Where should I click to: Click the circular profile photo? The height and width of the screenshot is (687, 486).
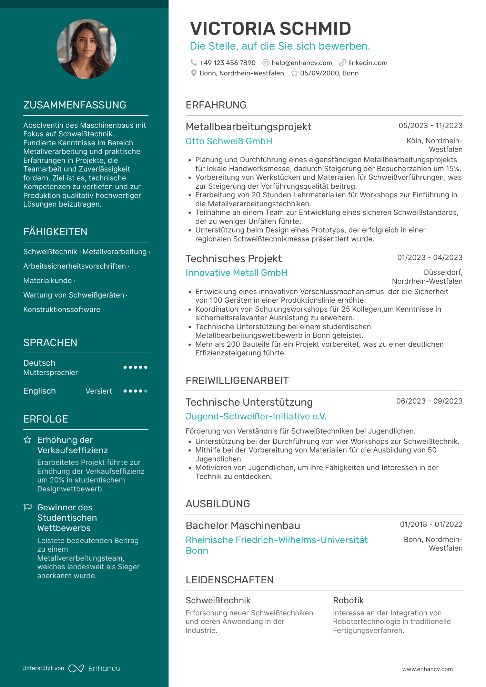[86, 49]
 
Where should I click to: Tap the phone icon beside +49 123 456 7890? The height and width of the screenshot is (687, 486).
[194, 63]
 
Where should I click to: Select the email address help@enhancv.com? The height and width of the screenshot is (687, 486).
[302, 63]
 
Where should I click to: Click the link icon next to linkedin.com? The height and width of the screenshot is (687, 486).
[342, 63]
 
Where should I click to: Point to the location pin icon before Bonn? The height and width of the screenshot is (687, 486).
[194, 73]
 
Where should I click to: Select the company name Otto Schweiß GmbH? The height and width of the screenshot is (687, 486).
[229, 141]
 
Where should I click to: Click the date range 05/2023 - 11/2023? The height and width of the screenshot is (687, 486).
[430, 126]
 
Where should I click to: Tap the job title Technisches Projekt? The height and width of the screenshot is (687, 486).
[233, 259]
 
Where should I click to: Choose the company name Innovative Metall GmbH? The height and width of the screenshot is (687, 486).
[236, 273]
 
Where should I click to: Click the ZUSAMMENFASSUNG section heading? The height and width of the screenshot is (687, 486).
[75, 105]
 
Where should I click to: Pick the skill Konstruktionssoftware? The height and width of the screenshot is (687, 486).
[62, 310]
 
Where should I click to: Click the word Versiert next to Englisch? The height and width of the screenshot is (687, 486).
[99, 391]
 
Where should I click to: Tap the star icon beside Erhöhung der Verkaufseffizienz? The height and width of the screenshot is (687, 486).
[28, 440]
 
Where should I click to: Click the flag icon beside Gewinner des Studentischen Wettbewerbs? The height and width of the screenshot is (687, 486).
[28, 507]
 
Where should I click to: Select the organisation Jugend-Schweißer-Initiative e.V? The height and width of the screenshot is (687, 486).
[256, 416]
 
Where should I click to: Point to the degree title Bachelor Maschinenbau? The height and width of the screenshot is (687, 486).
[243, 525]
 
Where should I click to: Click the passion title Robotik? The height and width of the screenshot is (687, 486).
[348, 600]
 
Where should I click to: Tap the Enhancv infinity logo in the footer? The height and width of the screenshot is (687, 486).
[76, 668]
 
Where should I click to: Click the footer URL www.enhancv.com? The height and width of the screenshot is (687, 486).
[427, 669]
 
